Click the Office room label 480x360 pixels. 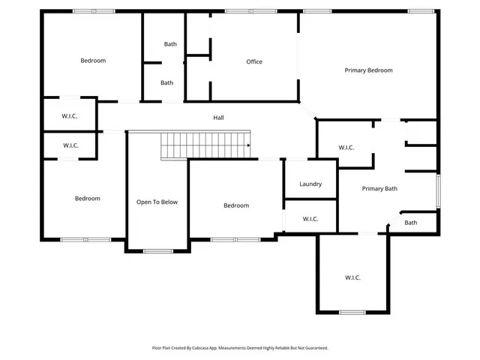(254, 61)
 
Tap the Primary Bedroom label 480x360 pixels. (368, 70)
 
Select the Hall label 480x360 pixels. (218, 118)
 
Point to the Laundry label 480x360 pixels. (310, 184)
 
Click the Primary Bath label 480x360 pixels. (379, 189)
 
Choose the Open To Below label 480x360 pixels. (157, 202)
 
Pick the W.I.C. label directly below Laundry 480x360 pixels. (310, 219)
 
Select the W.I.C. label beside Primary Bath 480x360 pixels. (346, 148)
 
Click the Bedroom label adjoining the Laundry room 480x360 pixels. (235, 205)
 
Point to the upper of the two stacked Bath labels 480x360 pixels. (170, 44)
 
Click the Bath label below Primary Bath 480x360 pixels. (410, 223)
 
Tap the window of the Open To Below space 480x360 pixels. (157, 250)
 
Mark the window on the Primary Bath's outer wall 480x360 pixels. (437, 190)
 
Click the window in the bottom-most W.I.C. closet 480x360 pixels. (352, 312)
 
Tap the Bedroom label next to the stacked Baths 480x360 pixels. (93, 61)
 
